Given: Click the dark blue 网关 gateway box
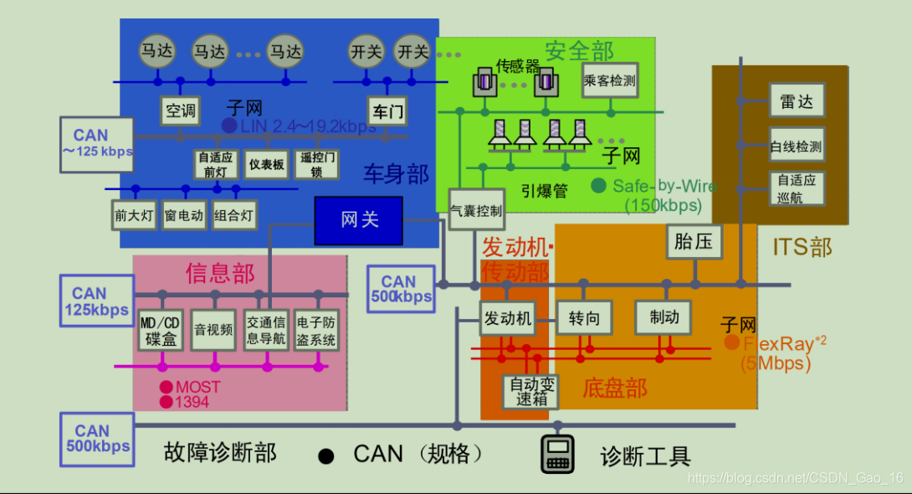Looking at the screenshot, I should pos(358,220).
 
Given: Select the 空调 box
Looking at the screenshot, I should pos(180,110).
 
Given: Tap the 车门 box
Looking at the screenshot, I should pos(387,110).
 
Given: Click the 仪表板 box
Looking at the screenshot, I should pos(266,165).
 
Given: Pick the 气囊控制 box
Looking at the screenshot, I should pos(476,211).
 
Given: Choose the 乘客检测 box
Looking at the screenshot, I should pos(609,81).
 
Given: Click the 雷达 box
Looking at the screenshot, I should pos(797,100).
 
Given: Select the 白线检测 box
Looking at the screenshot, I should pos(797,147).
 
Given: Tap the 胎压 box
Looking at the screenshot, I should pos(694,242).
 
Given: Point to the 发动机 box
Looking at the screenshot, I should pos(507,318).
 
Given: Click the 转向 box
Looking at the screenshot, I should pos(584,318).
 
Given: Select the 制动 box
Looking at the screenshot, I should pos(663,317).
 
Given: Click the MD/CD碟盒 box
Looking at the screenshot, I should pos(159,331).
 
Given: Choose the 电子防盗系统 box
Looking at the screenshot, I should pos(316,331).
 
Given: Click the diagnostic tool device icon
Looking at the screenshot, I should pos(557,454).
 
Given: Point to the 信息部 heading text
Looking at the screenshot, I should pos(220,273).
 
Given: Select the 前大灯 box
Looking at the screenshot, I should pos(135,215).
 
